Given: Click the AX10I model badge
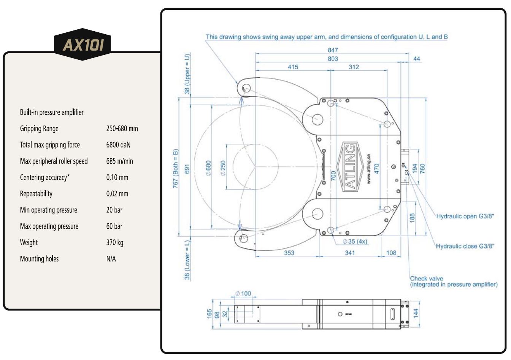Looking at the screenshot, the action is point(83,45).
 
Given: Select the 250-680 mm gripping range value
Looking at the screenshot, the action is point(122,129).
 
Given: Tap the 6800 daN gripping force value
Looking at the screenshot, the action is point(118,145).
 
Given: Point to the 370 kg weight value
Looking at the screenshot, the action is point(115,242).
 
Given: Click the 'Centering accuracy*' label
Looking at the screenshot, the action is point(45,177).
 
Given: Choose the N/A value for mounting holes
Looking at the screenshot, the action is point(111,259).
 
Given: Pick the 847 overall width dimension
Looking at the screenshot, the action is point(333,50).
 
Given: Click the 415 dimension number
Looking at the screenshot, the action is point(293,67).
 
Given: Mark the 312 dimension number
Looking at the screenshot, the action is point(354,67).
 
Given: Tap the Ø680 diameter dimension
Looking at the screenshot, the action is point(208,168).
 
